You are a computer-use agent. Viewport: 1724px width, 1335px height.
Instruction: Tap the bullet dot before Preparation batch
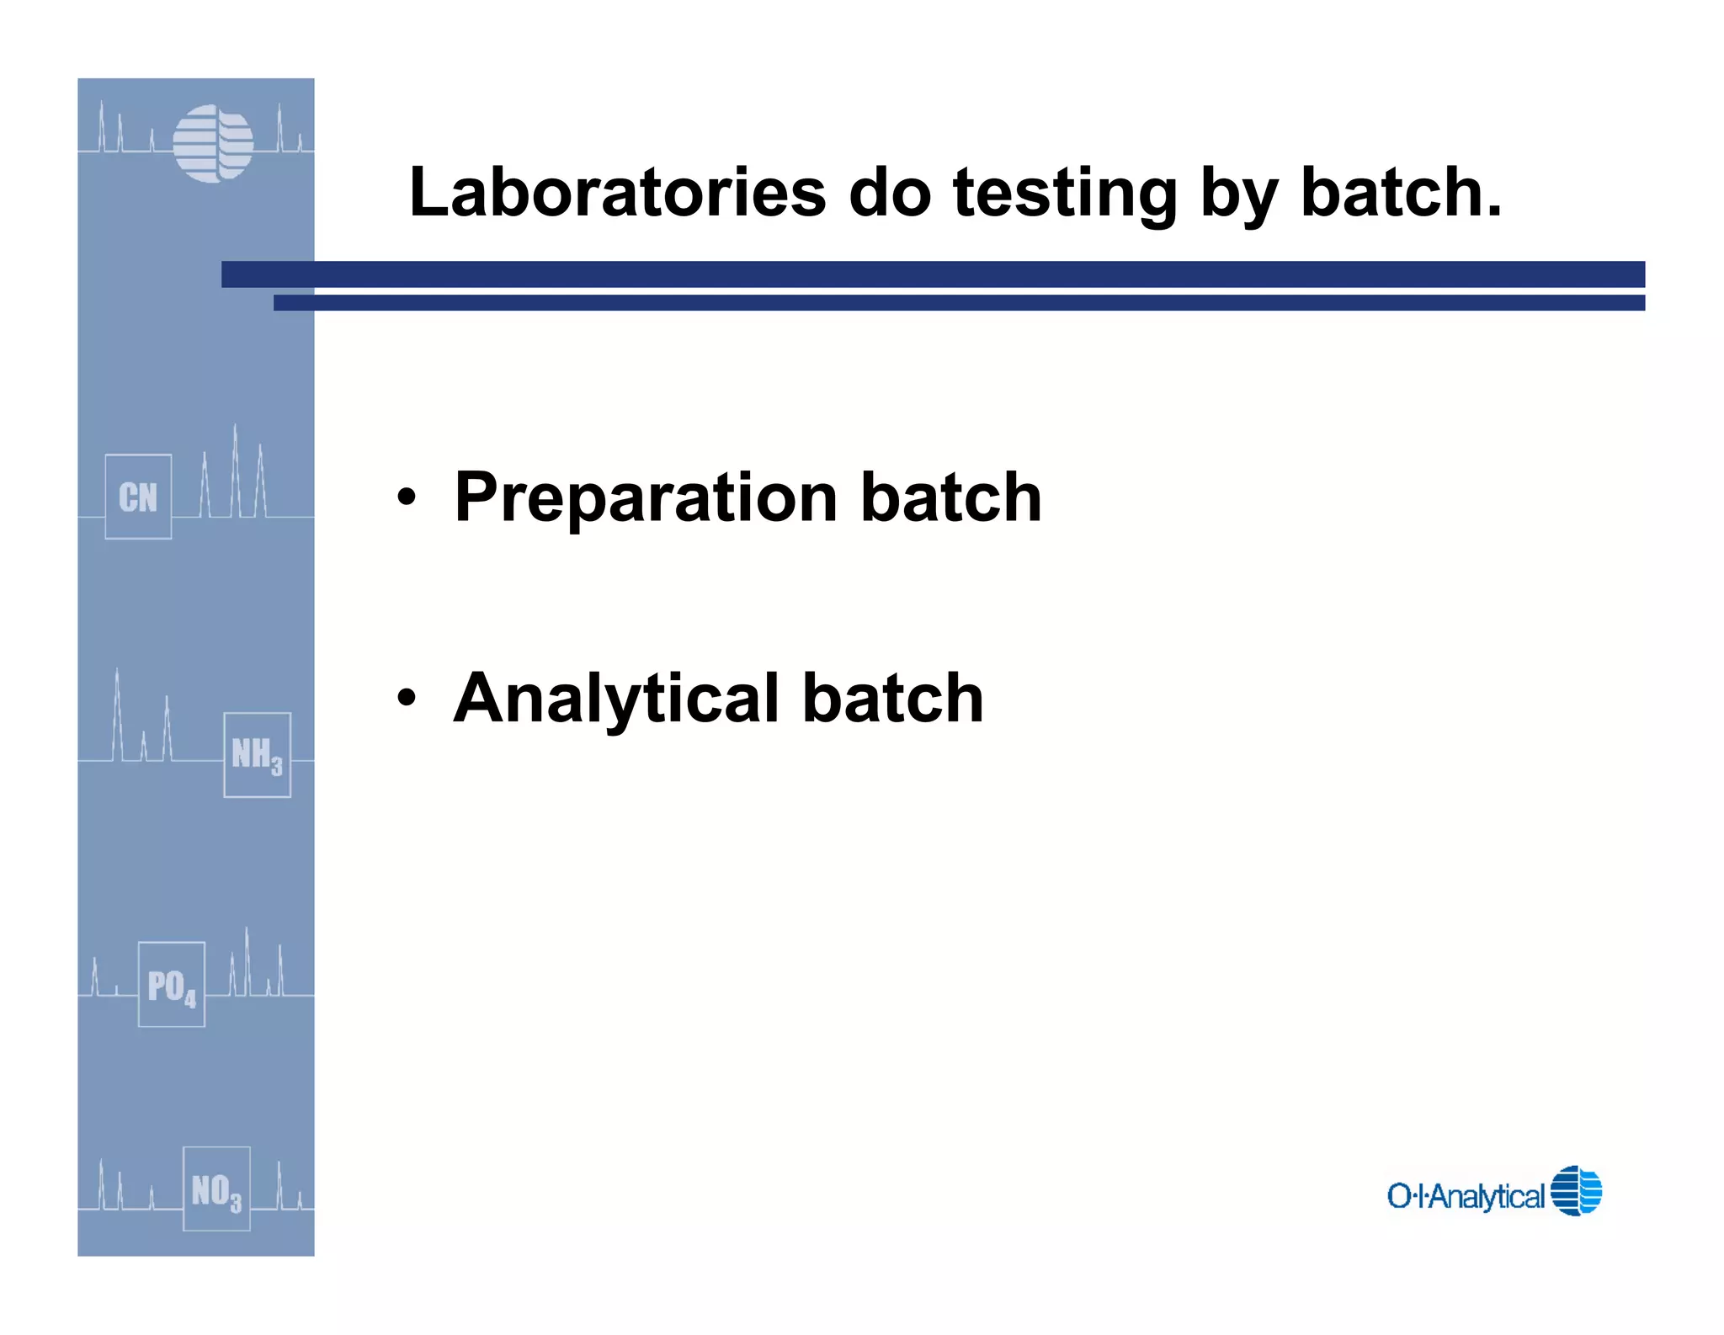point(407,497)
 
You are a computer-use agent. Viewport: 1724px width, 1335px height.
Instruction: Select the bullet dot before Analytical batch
point(407,698)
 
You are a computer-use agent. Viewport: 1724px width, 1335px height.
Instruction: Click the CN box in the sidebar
point(138,497)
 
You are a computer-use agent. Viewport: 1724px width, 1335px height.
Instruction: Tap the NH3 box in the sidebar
point(257,754)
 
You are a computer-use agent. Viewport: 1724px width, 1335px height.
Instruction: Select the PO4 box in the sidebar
point(172,984)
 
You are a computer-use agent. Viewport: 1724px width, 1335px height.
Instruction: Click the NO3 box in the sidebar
point(216,1189)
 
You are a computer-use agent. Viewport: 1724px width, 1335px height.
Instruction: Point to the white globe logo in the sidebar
point(213,143)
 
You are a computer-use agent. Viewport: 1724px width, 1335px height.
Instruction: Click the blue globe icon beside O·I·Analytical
point(1576,1190)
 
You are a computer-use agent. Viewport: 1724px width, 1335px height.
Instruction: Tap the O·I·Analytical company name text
point(1466,1195)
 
